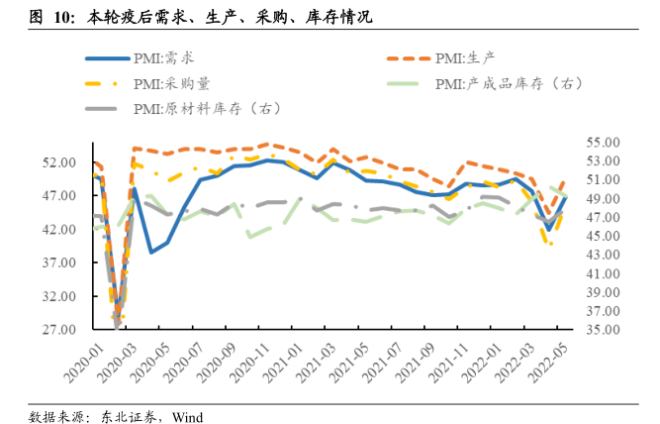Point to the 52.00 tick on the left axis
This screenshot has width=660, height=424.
[61, 162]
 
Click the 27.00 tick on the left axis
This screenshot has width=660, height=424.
[61, 330]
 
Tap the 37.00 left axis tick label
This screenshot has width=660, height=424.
[61, 263]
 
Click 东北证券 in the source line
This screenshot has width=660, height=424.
[127, 416]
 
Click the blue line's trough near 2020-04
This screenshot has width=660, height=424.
[151, 252]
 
